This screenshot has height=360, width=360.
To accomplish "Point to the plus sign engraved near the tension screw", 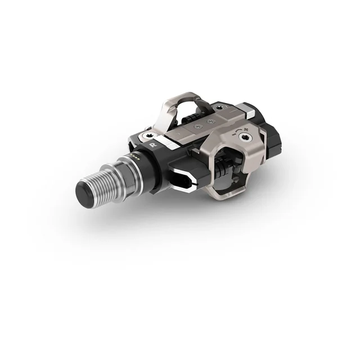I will click(246, 128).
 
